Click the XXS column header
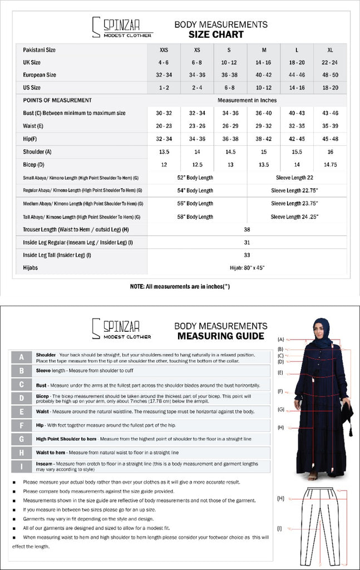coord(164,50)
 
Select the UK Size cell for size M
coord(264,62)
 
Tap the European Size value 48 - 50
coord(331,75)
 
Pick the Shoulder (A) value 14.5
coord(230,152)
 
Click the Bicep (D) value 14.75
coord(331,165)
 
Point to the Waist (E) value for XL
coord(331,126)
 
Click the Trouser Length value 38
coord(247,229)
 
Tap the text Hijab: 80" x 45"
coord(247,268)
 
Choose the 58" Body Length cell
coord(195,217)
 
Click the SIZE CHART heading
coord(216,35)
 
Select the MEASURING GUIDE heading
coord(220,336)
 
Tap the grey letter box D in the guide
coord(22,398)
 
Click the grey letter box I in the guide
coord(22,466)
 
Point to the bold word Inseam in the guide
coord(45,464)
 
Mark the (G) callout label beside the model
coord(281,410)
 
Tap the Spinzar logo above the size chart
coord(121,27)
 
